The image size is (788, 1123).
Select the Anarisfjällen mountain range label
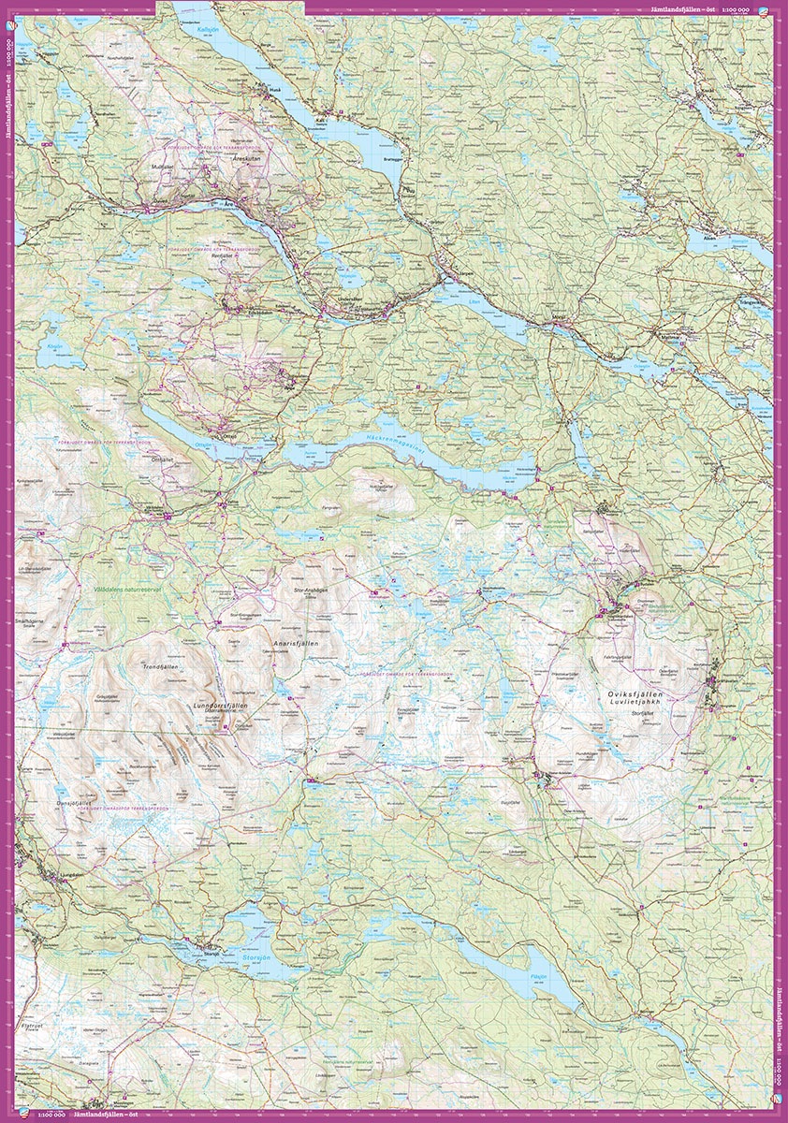pos(296,646)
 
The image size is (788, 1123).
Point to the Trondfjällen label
pos(159,667)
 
